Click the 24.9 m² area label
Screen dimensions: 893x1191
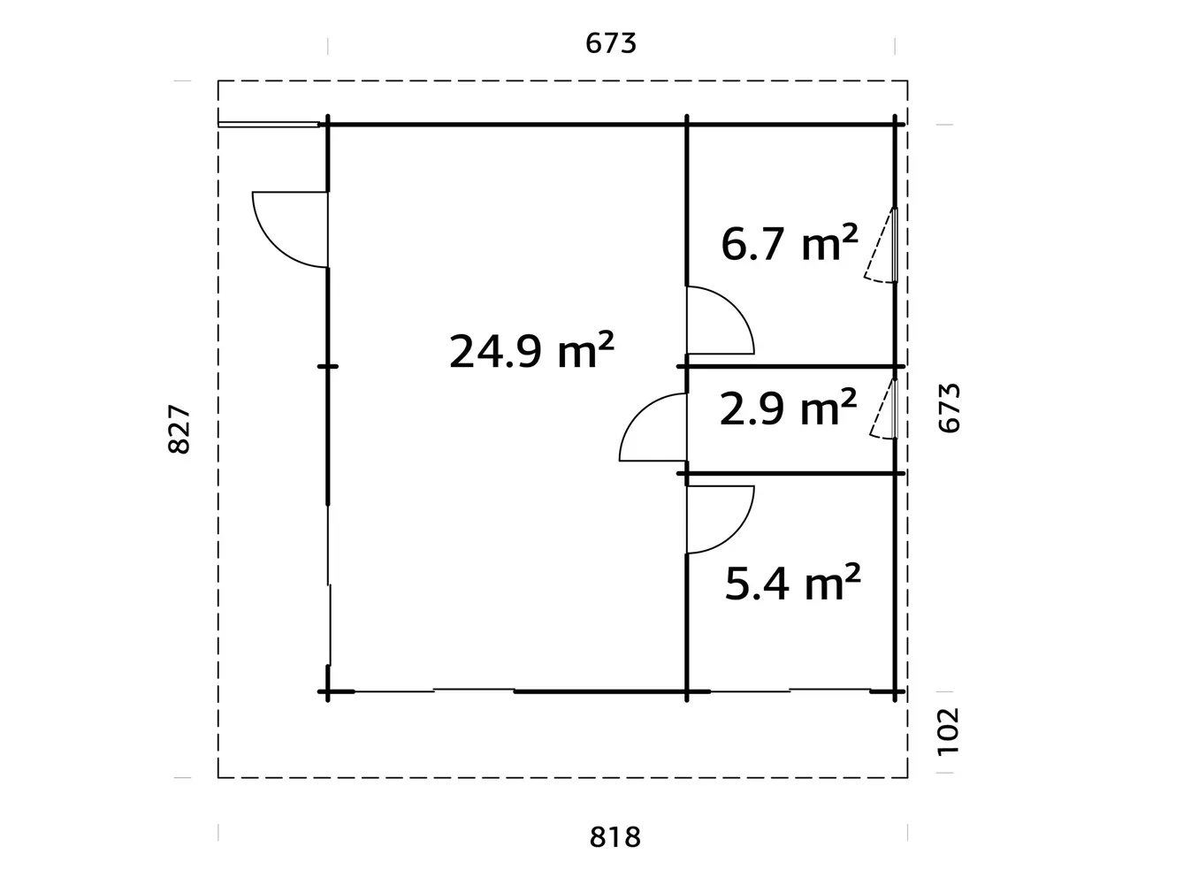pyautogui.click(x=531, y=351)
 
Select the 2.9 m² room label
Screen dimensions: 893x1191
pyautogui.click(x=788, y=408)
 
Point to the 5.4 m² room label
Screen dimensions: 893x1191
pyautogui.click(x=792, y=583)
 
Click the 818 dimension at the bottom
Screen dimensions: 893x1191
pyautogui.click(x=615, y=836)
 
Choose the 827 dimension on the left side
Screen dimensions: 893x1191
pyautogui.click(x=179, y=430)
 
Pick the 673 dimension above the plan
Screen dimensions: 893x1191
pyautogui.click(x=611, y=42)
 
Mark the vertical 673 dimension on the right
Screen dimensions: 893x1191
pyautogui.click(x=948, y=408)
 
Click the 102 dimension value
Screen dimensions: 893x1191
pyautogui.click(x=948, y=731)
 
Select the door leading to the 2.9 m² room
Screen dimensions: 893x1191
pyautogui.click(x=655, y=428)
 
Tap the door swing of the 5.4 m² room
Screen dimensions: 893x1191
pyautogui.click(x=718, y=519)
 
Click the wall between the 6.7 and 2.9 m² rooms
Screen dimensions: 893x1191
pyautogui.click(x=791, y=365)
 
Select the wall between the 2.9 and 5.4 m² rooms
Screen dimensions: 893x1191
pyautogui.click(x=791, y=474)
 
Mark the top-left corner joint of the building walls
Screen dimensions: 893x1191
pyautogui.click(x=328, y=125)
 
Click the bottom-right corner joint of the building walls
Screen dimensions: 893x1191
pyautogui.click(x=895, y=691)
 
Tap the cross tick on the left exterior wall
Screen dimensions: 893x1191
pyautogui.click(x=328, y=365)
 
